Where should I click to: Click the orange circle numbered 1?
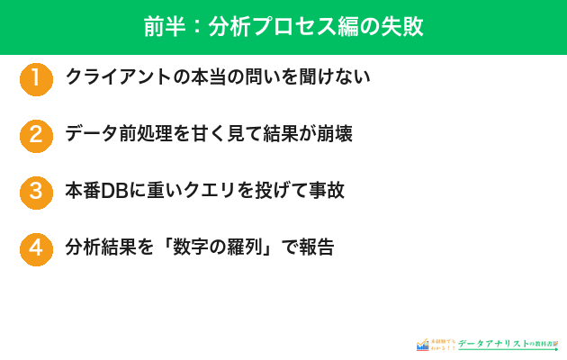click(x=36, y=78)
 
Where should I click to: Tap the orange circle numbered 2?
click(x=36, y=135)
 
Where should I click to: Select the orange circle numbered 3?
click(x=36, y=192)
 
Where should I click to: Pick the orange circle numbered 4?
click(x=36, y=248)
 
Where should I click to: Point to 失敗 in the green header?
click(x=403, y=27)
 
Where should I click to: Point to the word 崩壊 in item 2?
click(x=332, y=134)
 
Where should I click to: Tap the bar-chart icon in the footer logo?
click(x=422, y=344)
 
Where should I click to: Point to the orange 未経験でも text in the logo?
click(x=443, y=340)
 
